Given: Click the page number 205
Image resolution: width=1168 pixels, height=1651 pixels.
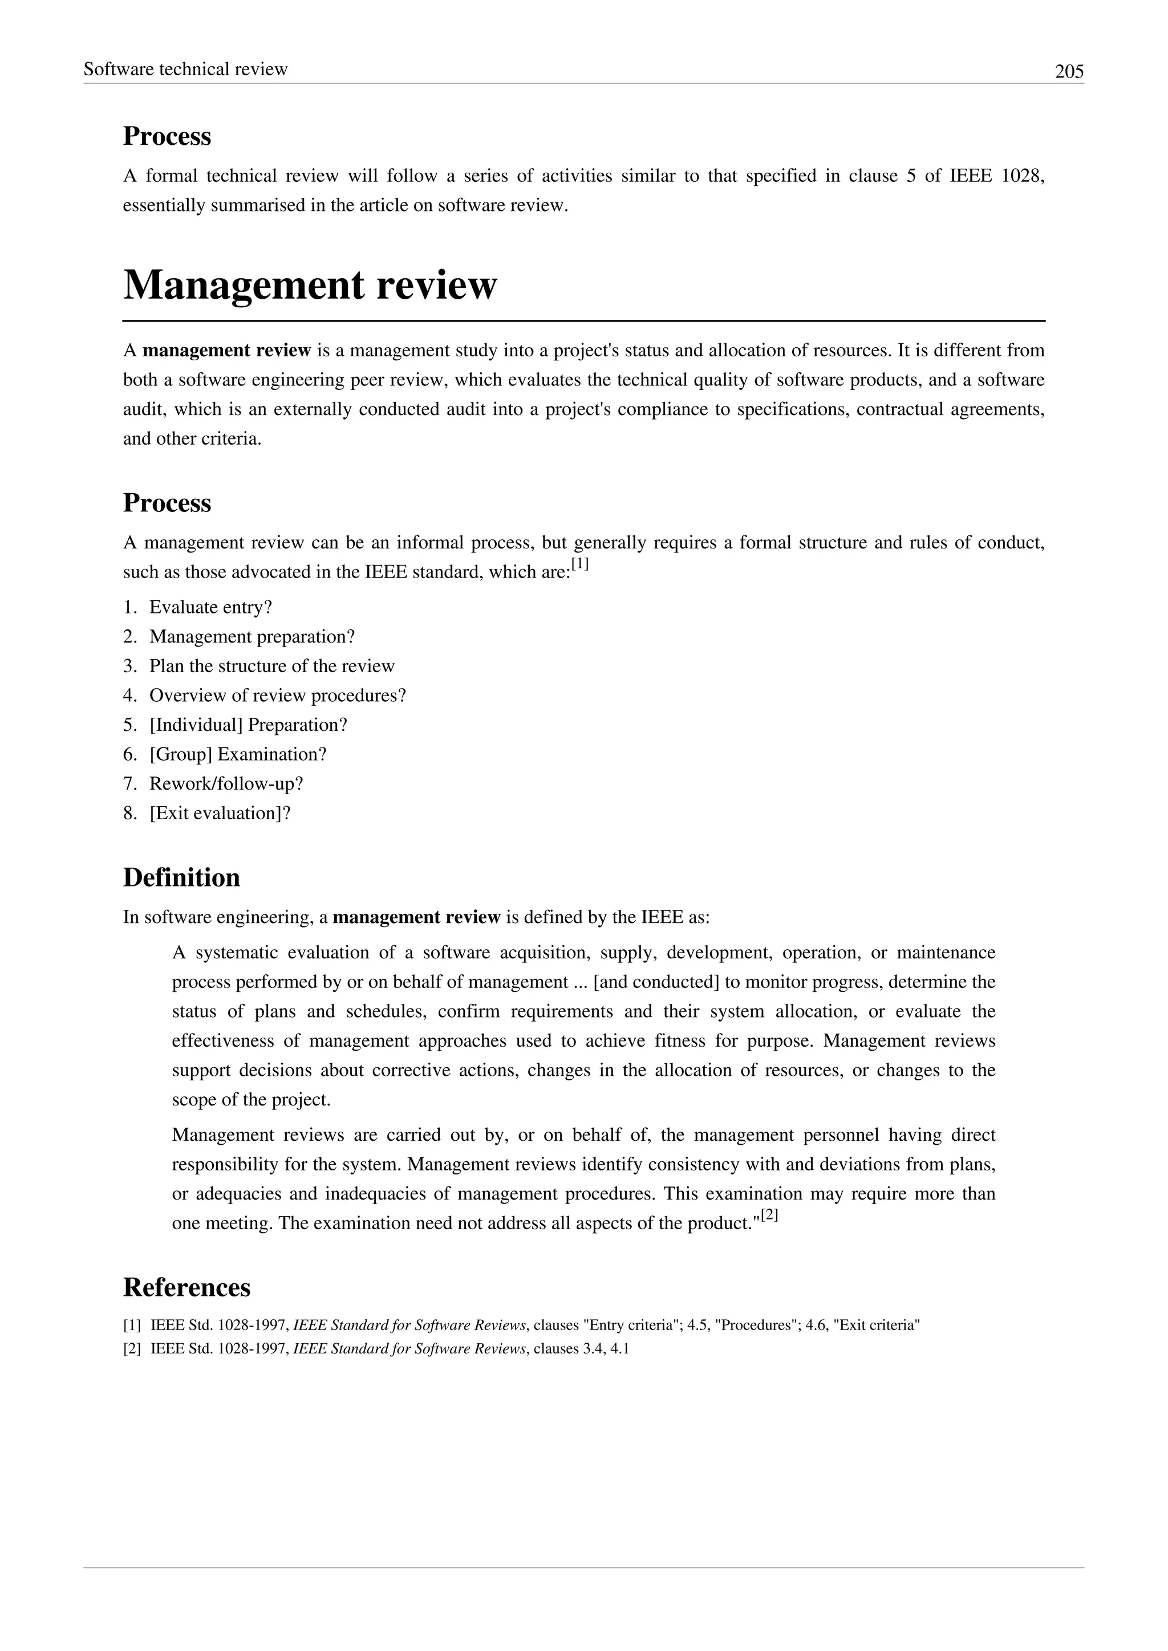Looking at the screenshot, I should pyautogui.click(x=1069, y=72).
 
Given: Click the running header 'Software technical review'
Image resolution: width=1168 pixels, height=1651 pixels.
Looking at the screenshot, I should pyautogui.click(x=185, y=69).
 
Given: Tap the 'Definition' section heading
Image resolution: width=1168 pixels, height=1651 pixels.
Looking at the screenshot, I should pyautogui.click(x=181, y=877).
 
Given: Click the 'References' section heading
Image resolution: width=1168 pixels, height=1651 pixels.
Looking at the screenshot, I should pyautogui.click(x=186, y=1287).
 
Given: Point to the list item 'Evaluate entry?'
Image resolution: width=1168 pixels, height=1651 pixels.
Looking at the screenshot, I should pyautogui.click(x=210, y=607).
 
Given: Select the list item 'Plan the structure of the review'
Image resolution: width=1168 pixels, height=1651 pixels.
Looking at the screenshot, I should pyautogui.click(x=272, y=666).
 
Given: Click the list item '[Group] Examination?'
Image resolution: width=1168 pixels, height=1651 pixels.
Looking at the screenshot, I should pyautogui.click(x=238, y=754).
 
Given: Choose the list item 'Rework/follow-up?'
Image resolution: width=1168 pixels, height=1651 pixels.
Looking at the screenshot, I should pyautogui.click(x=226, y=784).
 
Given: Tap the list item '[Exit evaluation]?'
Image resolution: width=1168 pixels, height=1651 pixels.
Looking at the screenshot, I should pyautogui.click(x=220, y=814).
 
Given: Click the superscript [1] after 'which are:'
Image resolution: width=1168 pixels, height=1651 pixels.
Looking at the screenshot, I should pyautogui.click(x=579, y=565).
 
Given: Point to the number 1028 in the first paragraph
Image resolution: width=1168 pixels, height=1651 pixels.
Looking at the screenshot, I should pyautogui.click(x=1021, y=176).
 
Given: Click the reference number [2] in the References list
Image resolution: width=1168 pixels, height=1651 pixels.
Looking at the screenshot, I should pyautogui.click(x=132, y=1349).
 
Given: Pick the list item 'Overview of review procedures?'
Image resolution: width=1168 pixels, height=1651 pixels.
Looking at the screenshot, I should pyautogui.click(x=278, y=696).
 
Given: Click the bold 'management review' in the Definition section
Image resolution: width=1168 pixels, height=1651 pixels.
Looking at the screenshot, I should pyautogui.click(x=416, y=917).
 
